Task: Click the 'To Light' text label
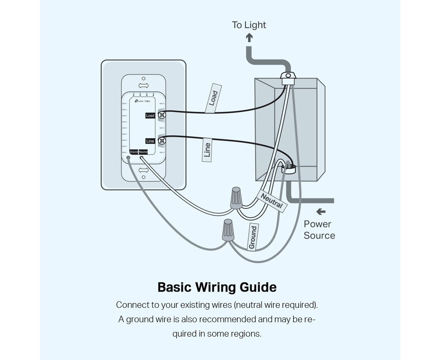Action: point(249,25)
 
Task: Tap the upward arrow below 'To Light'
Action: point(249,37)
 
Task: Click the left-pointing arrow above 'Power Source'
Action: point(321,212)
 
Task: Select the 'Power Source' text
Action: point(319,230)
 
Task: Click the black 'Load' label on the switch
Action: point(150,115)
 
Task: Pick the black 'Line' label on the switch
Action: point(150,141)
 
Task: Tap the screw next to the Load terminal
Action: point(162,115)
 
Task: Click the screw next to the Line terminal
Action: point(162,141)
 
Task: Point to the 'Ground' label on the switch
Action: point(134,152)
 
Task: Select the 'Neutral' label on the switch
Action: point(143,152)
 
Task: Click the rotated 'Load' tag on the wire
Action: point(213,98)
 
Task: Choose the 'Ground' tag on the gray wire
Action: point(253,237)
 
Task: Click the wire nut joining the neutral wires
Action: point(236,198)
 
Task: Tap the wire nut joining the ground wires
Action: point(228,230)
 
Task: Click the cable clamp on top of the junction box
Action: point(287,78)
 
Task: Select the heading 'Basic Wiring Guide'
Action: point(217,287)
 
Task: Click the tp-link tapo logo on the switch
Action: point(142,101)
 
